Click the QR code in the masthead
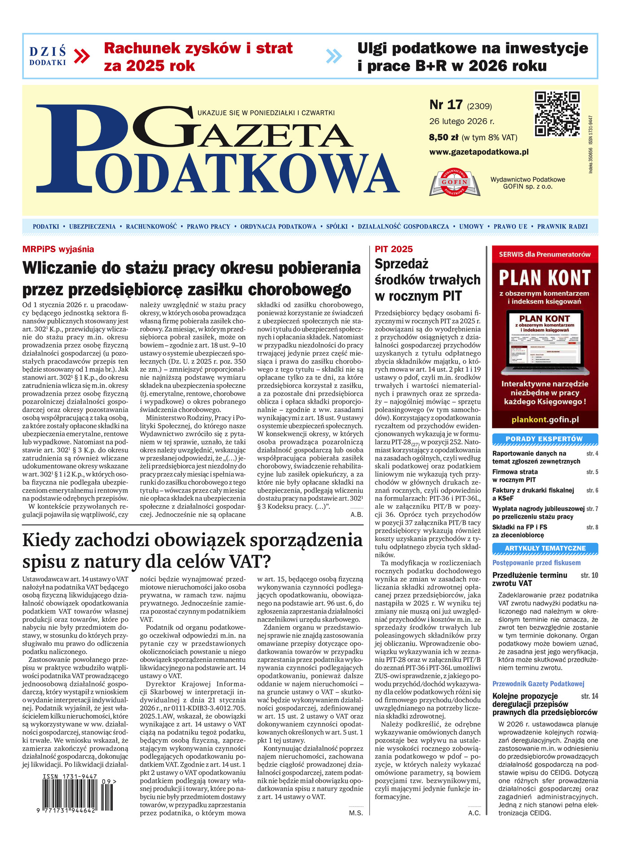pos(557,114)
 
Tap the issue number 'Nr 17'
pos(446,105)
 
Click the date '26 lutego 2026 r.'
pos(461,121)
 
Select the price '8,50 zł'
pos(443,138)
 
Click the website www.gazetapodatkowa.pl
pos(479,152)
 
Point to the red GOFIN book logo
pos(455,182)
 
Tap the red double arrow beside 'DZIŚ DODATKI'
pos(81,56)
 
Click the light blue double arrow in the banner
pos(334,56)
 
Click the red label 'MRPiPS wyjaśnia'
pos(58,249)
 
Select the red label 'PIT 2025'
pos(394,249)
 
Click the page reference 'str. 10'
pos(589,575)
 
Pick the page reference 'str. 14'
pos(589,696)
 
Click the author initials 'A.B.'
pos(357,515)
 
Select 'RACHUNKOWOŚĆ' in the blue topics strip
pos(151,227)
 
